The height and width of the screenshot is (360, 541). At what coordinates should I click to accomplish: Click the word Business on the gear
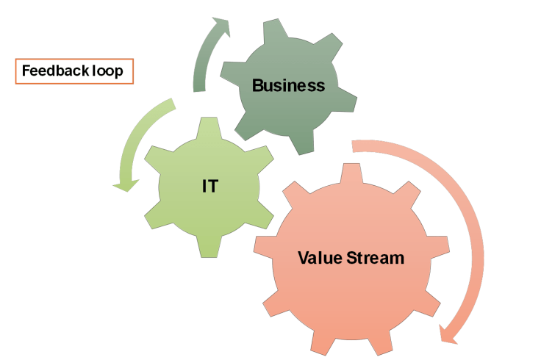[288, 86]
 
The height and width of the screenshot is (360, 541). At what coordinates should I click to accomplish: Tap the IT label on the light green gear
[209, 187]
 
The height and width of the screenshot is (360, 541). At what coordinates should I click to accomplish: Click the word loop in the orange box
[107, 72]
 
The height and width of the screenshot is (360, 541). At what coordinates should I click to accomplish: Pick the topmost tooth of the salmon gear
[351, 173]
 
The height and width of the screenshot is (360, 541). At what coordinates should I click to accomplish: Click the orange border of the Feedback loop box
[16, 72]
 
